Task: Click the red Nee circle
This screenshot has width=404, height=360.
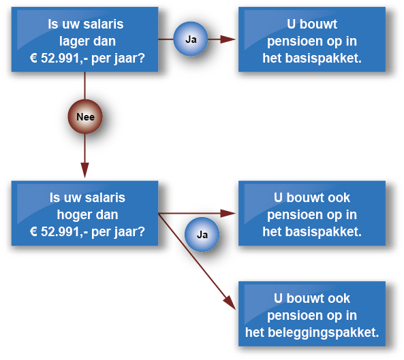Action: (85, 116)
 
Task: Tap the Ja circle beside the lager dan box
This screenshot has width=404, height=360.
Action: (191, 39)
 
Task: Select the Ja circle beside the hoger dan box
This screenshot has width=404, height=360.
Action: (202, 234)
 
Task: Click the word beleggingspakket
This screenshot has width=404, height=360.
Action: (324, 333)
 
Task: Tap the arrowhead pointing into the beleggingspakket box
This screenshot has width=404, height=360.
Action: (230, 303)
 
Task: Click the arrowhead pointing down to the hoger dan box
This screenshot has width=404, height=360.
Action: (84, 170)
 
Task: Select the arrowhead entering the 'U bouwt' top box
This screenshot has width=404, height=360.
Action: (228, 39)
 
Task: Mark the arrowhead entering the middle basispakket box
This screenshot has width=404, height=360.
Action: (228, 213)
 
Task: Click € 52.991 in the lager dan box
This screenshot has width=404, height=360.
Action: (55, 58)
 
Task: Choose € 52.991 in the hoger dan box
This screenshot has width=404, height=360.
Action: (55, 232)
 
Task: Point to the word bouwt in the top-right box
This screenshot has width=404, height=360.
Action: (318, 24)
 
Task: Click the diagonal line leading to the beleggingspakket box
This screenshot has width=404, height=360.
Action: (197, 261)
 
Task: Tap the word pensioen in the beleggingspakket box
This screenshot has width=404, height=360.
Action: (295, 316)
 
